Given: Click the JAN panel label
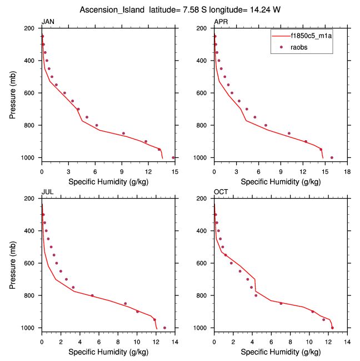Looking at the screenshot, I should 48,22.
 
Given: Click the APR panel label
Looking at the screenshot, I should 221,22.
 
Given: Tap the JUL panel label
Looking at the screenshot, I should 47,192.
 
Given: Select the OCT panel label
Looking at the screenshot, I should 221,192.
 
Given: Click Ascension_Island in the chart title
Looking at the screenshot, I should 108,10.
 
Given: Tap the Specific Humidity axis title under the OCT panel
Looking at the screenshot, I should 281,352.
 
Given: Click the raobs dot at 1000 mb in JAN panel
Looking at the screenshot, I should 173,157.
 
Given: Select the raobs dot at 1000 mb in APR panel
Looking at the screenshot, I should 332,157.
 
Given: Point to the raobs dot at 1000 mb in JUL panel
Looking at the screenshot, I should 164,328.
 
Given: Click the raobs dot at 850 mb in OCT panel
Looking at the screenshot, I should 281,303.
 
